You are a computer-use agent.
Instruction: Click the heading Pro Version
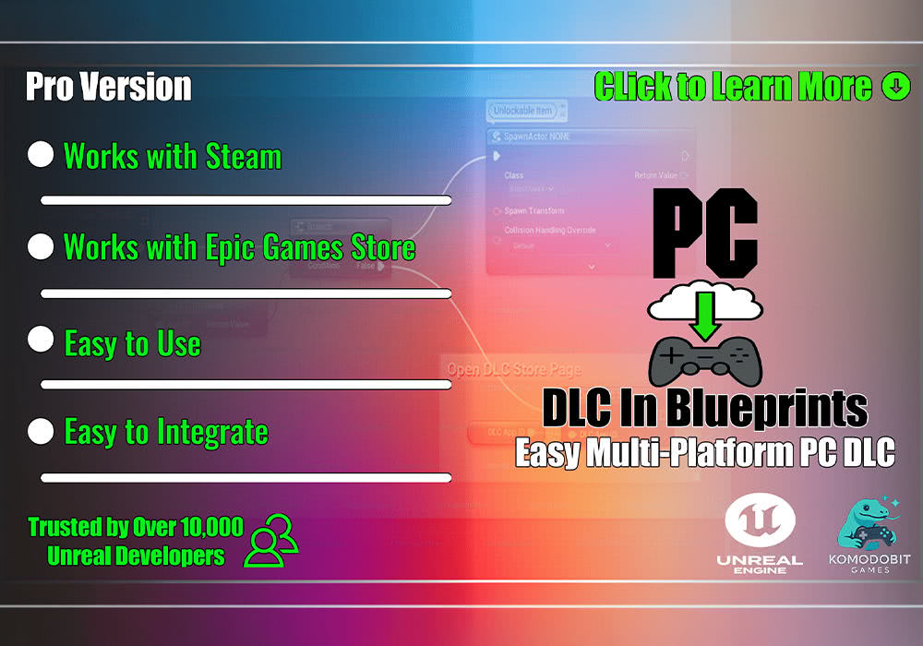click(x=108, y=87)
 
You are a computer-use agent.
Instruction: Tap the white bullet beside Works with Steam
click(x=41, y=154)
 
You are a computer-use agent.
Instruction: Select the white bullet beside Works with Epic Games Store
click(x=41, y=246)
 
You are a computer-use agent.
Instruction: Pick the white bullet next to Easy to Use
click(x=41, y=340)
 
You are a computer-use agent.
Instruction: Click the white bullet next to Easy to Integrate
click(x=41, y=430)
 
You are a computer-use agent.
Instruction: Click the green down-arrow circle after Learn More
click(x=895, y=87)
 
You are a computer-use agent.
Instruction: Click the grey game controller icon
click(x=707, y=361)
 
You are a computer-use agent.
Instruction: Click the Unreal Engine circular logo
click(x=759, y=521)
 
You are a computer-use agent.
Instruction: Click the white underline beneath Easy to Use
click(x=246, y=384)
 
